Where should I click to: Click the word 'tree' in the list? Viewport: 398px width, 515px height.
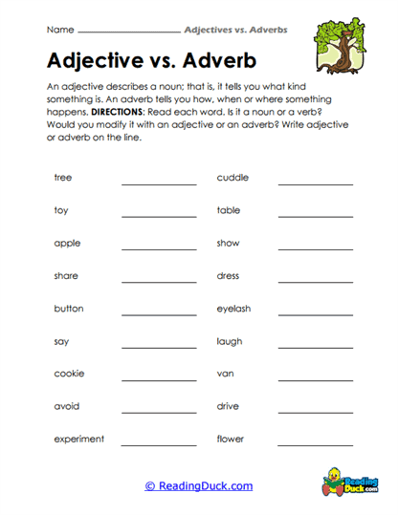(63, 178)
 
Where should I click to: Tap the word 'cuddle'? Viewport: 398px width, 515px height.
(232, 178)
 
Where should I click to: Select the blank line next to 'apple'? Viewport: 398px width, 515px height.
(159, 250)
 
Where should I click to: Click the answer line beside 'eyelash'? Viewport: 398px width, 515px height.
(315, 316)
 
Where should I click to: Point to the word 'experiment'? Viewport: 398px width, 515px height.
(79, 440)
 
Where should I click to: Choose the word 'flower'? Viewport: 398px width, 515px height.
(231, 440)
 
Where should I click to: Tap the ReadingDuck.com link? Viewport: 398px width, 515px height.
(199, 486)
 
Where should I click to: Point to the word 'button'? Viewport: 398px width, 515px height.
(69, 309)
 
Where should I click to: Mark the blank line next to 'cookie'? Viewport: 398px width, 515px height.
(159, 381)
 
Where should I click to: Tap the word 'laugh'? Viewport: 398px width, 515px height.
(230, 341)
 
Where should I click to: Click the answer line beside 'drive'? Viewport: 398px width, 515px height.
(315, 414)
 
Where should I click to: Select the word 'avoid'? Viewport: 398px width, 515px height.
(67, 406)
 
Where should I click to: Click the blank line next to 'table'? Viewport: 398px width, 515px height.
(315, 218)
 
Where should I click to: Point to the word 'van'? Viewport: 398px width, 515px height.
(225, 374)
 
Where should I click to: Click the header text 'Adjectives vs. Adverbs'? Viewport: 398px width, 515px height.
(235, 30)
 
